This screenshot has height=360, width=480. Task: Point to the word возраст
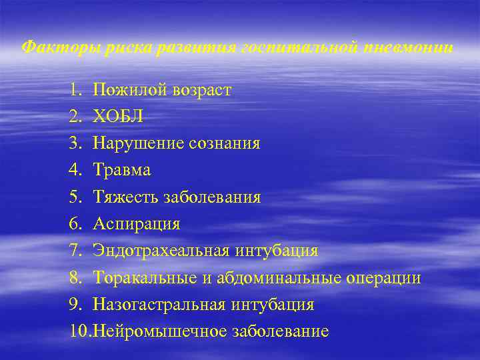pyautogui.click(x=199, y=90)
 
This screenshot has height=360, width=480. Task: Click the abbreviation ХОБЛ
pyautogui.click(x=118, y=117)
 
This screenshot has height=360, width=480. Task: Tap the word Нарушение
pyautogui.click(x=138, y=143)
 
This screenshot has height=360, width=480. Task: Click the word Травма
pyautogui.click(x=122, y=171)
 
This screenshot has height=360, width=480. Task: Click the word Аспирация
pyautogui.click(x=137, y=224)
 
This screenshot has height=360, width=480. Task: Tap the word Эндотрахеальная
pyautogui.click(x=162, y=251)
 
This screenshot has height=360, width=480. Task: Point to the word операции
pyautogui.click(x=384, y=278)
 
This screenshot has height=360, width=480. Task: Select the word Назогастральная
pyautogui.click(x=162, y=305)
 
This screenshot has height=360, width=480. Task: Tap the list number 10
pyautogui.click(x=78, y=331)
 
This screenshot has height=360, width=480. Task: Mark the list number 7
pyautogui.click(x=73, y=251)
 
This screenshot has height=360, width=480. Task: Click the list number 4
pyautogui.click(x=73, y=171)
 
